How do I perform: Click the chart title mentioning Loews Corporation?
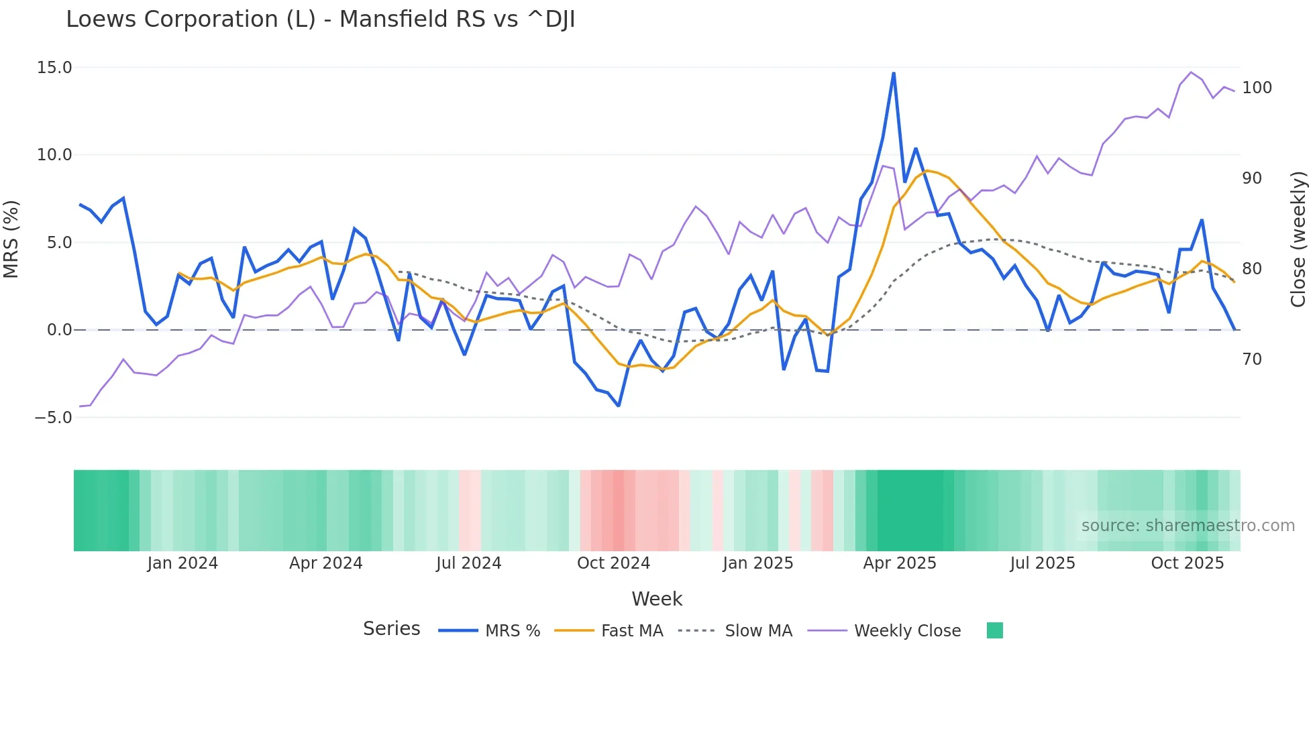click(x=320, y=19)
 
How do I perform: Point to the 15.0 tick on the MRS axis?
click(x=54, y=68)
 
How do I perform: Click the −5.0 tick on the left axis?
click(x=53, y=418)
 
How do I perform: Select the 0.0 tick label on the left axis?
click(x=59, y=330)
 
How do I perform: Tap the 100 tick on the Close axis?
click(x=1257, y=88)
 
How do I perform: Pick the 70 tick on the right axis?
click(x=1252, y=359)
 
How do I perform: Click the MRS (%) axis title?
click(x=11, y=239)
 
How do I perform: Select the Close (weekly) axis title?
click(x=1299, y=239)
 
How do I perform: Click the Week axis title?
click(x=657, y=599)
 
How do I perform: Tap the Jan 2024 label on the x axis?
click(x=182, y=563)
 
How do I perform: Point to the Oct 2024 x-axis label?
click(x=613, y=563)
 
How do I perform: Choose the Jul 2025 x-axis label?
click(x=1042, y=563)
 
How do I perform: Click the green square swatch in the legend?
click(x=995, y=630)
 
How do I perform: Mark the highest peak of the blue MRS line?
click(x=894, y=73)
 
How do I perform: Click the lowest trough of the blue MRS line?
click(x=619, y=406)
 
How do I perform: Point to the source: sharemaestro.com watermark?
click(x=1188, y=526)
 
